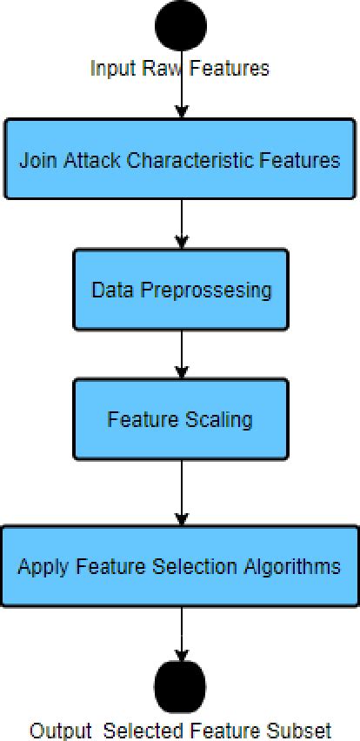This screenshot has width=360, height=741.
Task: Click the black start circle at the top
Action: (x=181, y=25)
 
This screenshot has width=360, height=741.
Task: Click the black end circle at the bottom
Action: (x=181, y=685)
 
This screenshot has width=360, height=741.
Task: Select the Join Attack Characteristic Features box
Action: (x=179, y=160)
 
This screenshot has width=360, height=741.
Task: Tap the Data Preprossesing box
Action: (x=180, y=290)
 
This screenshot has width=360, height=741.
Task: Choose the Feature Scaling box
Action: (x=180, y=419)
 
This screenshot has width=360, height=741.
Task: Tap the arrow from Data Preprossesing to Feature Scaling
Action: (x=181, y=355)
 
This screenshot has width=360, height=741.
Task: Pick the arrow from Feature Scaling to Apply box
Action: (x=181, y=492)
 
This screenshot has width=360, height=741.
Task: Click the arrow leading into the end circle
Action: (x=181, y=633)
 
